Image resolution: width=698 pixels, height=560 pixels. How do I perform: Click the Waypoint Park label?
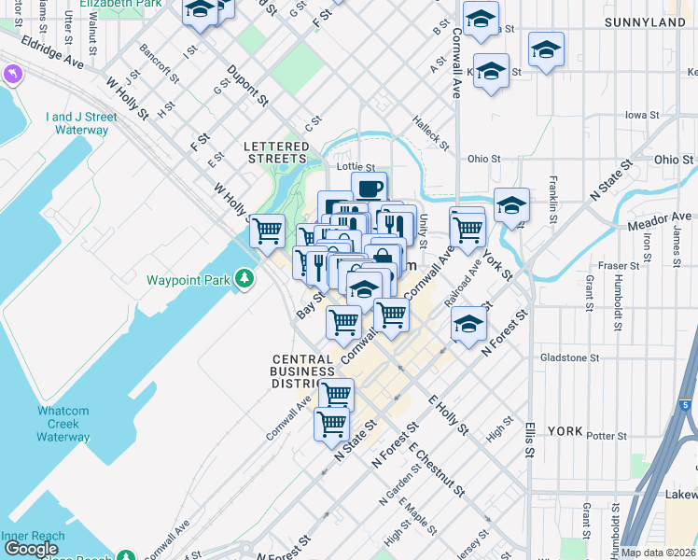point(189,279)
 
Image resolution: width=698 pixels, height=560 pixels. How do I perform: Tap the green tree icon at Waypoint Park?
point(244,278)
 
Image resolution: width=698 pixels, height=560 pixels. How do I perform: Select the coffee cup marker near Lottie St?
point(369,188)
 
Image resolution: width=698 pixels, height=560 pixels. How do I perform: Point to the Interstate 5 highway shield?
point(686,405)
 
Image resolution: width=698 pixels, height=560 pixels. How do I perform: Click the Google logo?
point(31,549)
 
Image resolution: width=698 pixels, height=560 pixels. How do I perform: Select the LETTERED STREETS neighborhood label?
point(276,153)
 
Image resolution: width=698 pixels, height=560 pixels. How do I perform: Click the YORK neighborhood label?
point(565,431)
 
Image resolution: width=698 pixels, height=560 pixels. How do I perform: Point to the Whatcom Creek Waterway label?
point(63,424)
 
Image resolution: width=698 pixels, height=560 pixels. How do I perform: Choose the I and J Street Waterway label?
point(81,123)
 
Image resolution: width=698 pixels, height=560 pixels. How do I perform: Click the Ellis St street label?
point(529,438)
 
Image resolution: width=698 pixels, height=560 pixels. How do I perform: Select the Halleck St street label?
point(432,136)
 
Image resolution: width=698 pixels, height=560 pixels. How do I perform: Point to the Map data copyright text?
point(659,553)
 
